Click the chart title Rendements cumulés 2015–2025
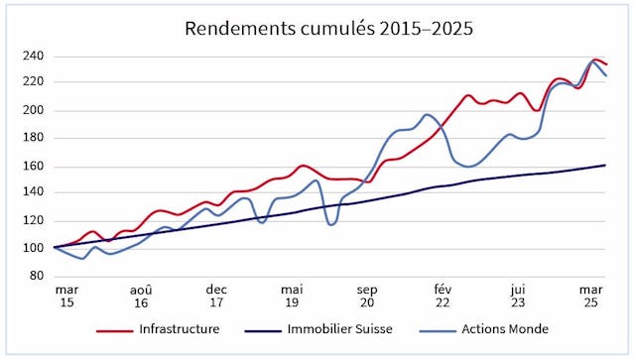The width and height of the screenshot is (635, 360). (x=329, y=28)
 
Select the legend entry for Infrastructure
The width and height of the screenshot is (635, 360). (x=180, y=329)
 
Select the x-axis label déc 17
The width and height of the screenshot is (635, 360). (x=217, y=297)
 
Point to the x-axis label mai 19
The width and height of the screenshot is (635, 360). (x=292, y=297)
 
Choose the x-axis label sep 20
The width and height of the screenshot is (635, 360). (x=367, y=297)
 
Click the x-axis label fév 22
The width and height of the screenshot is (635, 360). (x=443, y=297)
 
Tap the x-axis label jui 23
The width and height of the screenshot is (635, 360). (x=518, y=297)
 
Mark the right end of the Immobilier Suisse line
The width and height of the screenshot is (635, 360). (x=605, y=165)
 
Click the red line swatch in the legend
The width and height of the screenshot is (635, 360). (x=116, y=329)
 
